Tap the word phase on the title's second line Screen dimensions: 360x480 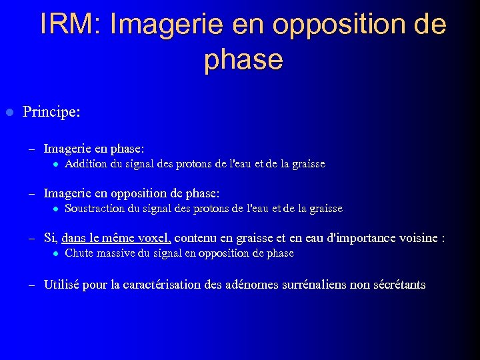[x=244, y=59]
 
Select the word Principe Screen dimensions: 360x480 [x=49, y=111]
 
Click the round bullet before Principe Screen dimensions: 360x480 [x=9, y=111]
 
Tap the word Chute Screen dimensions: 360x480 [x=79, y=253]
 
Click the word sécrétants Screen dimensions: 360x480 [x=399, y=285]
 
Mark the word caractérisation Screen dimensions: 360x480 [x=179, y=285]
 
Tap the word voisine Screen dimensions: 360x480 [x=417, y=238]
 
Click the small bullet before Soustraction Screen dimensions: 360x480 [x=56, y=209]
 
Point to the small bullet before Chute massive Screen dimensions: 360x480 [x=56, y=254]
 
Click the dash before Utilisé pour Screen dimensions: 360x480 [x=31, y=285]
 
